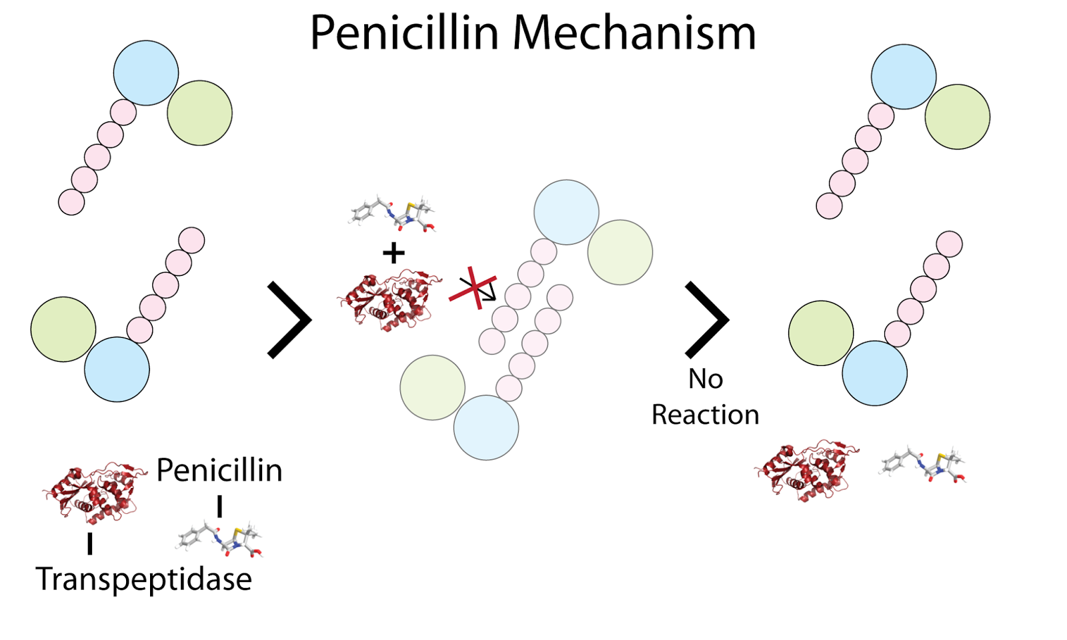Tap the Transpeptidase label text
point(143,578)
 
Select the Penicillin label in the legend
point(219,470)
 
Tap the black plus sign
point(393,253)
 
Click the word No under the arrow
point(706,379)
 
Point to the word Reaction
point(706,415)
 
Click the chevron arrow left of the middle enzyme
point(290,320)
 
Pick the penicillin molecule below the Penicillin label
point(220,539)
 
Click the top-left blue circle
point(146,73)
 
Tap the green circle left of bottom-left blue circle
point(63,329)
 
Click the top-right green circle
point(957,117)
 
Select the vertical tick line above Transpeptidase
point(89,543)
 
